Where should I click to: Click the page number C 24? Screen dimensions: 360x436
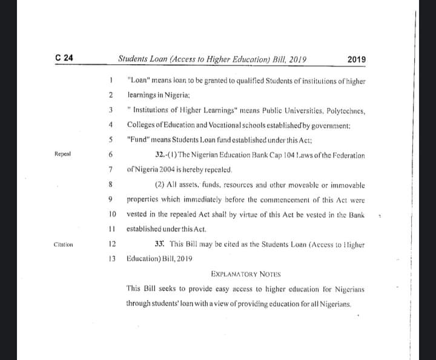(64, 59)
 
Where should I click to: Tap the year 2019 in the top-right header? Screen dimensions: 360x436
(357, 59)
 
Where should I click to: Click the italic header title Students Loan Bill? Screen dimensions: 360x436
(212, 59)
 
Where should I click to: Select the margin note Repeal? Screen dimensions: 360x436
(63, 154)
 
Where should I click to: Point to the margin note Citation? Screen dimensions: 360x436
(64, 245)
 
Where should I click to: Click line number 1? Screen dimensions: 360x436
(111, 79)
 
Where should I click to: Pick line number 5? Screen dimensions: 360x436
(111, 139)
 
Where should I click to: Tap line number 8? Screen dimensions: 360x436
(111, 184)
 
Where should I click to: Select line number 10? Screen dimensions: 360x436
(111, 214)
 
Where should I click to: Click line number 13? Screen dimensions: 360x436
(111, 258)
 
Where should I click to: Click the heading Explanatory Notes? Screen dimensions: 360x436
(246, 273)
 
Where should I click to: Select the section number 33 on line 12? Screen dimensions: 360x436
(159, 244)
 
